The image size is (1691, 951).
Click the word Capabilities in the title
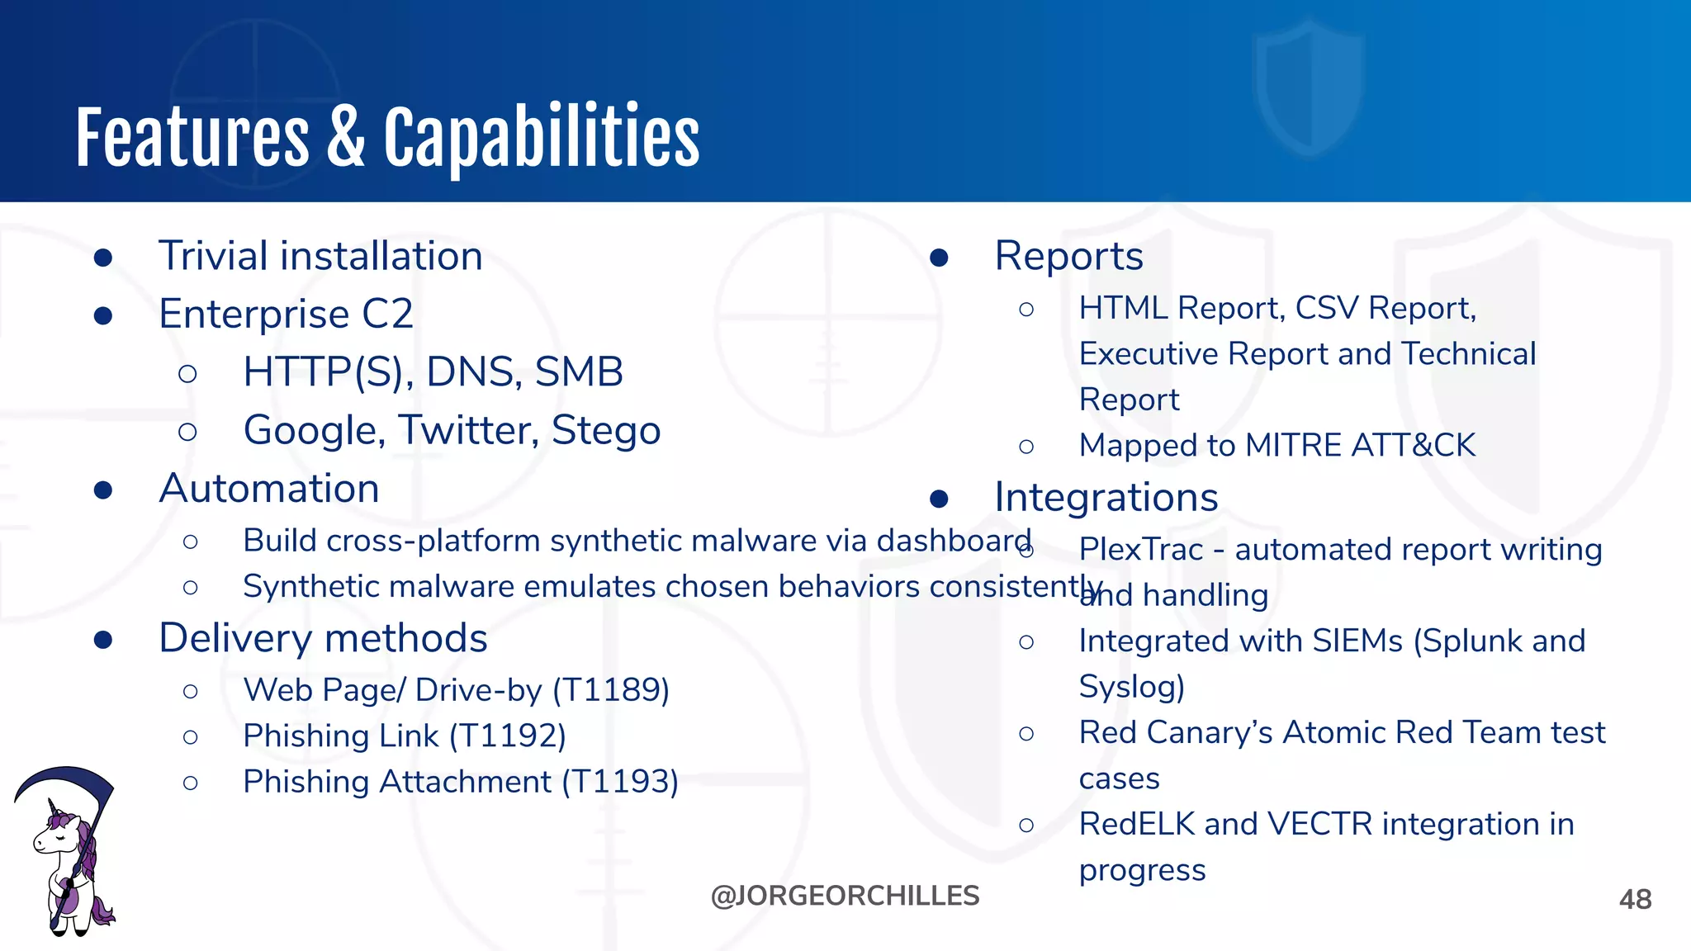(x=541, y=139)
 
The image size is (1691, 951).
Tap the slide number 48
(x=1635, y=899)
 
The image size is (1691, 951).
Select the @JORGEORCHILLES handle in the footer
(x=845, y=896)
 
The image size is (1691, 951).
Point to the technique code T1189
(x=610, y=690)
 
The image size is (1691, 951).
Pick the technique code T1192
(x=507, y=736)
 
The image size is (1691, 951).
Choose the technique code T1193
(x=620, y=782)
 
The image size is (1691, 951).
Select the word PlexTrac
(x=1140, y=550)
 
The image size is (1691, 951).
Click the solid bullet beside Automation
(x=103, y=490)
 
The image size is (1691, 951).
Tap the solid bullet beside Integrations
(x=939, y=499)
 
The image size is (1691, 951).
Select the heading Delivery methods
(x=323, y=638)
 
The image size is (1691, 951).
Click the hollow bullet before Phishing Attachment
(x=191, y=783)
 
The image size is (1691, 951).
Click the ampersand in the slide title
(x=346, y=139)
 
